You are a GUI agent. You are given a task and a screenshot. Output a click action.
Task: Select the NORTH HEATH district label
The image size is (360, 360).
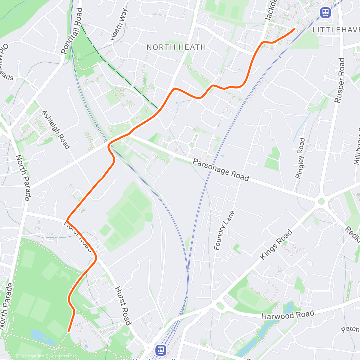click(x=176, y=47)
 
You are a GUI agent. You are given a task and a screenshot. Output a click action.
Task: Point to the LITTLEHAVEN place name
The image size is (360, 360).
click(x=336, y=30)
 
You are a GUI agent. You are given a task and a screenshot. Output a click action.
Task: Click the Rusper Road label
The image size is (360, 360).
click(x=340, y=80)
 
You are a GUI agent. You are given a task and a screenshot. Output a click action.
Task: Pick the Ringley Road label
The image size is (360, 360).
click(x=300, y=158)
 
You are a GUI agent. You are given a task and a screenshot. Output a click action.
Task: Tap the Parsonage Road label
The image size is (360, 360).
click(x=221, y=170)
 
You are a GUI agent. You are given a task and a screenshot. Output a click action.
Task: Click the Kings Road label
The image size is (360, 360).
click(x=276, y=244)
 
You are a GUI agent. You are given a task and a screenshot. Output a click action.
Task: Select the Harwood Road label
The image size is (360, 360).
click(x=288, y=315)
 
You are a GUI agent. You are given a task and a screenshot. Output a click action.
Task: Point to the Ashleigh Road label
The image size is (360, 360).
click(x=55, y=130)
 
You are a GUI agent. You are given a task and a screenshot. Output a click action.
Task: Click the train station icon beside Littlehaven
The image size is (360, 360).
click(x=325, y=12)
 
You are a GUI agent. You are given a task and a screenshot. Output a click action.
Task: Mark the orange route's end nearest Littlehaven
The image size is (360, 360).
click(x=294, y=29)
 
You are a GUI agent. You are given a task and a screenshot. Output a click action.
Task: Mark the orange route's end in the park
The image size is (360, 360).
click(x=69, y=331)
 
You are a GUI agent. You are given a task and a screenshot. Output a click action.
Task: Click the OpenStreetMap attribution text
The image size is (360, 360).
click(x=62, y=356)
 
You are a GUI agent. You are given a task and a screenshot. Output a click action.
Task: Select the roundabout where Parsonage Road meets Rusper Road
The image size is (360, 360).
click(x=321, y=201)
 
